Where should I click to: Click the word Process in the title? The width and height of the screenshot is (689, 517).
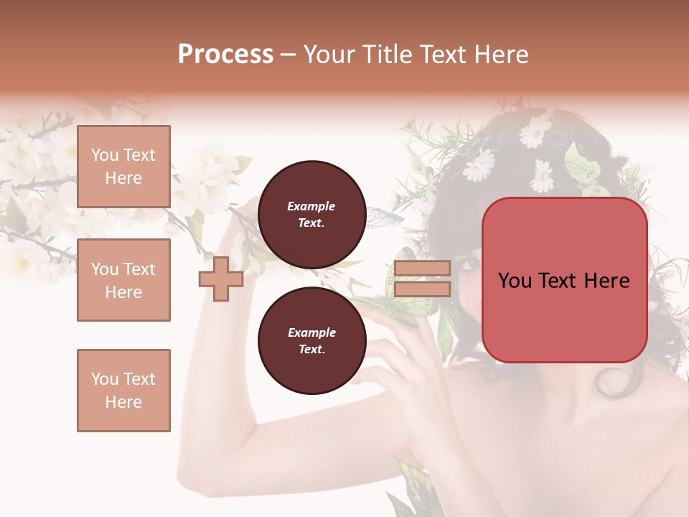[x=225, y=55]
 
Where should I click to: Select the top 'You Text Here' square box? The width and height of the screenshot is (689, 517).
[x=123, y=167]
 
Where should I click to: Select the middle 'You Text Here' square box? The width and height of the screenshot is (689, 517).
[x=123, y=280]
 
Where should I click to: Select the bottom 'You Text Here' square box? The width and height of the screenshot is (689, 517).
[x=123, y=391]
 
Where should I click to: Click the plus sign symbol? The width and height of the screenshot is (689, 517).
[x=221, y=279]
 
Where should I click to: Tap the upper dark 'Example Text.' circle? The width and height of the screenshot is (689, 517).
[x=311, y=214]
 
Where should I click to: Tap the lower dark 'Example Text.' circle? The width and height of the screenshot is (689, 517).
[x=311, y=340]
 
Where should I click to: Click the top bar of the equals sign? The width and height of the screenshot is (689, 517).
[x=422, y=269]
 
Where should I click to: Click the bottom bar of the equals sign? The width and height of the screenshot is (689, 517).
[x=422, y=289]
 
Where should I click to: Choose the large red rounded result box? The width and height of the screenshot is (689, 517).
[x=564, y=280]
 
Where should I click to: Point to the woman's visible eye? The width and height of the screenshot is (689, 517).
[x=470, y=264]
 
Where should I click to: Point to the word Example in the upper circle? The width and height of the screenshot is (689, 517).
[x=311, y=206]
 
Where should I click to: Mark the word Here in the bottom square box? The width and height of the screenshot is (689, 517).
[x=123, y=402]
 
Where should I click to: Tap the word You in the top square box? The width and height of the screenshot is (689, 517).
[x=105, y=155]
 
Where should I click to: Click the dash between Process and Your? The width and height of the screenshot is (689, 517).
[x=289, y=55]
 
